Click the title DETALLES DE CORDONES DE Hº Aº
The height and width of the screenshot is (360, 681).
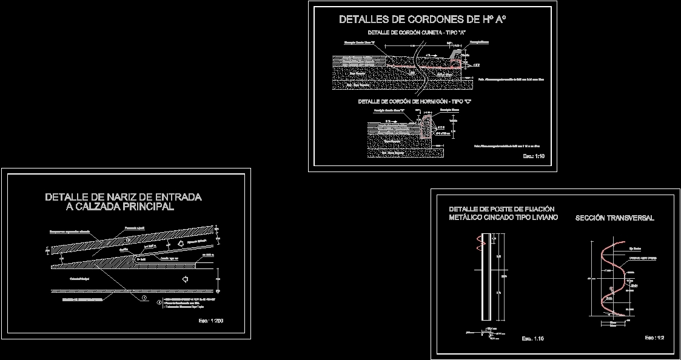422,19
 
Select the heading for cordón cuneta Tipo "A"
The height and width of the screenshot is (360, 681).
417,32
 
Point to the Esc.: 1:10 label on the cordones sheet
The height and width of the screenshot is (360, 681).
534,156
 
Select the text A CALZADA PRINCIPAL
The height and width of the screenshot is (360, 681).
119,207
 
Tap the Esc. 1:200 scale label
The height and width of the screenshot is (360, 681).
210,320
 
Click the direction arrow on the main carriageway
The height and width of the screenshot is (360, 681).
185,279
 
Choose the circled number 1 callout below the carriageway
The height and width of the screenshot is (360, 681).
144,298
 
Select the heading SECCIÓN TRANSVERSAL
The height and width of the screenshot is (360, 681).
614,218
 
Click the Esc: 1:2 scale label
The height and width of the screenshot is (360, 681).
654,338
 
